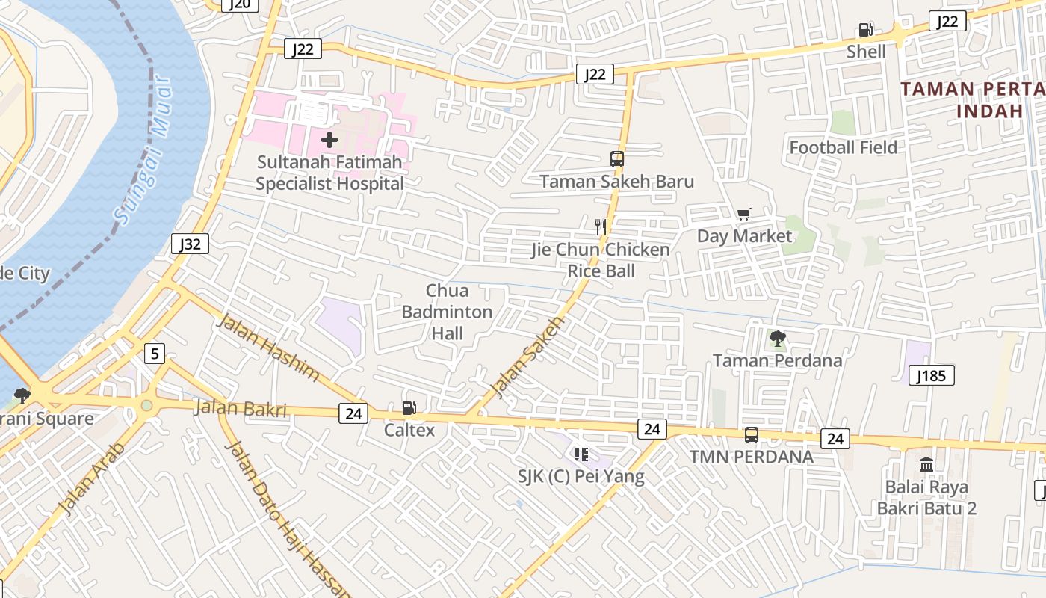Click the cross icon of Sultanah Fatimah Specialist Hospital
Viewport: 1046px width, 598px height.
[329, 139]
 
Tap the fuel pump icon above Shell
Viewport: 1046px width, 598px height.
[866, 30]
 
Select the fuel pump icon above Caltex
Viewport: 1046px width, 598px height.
[409, 408]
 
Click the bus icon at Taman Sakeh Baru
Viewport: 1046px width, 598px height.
[617, 158]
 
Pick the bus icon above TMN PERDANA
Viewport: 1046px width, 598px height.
[751, 434]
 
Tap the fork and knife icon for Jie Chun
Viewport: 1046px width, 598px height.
[600, 226]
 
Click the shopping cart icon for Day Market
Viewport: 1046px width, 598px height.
[743, 215]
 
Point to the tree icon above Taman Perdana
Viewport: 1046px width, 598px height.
[777, 339]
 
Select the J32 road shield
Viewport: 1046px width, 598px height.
[190, 244]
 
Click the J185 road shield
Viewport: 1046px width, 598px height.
[932, 375]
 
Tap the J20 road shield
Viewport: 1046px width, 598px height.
[240, 4]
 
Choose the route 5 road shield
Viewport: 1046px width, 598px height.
[154, 353]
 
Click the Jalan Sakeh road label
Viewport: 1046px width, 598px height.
[527, 357]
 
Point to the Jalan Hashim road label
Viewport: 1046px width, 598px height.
[268, 348]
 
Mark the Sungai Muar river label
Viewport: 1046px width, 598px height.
[143, 149]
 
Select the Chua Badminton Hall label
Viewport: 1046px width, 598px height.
[447, 312]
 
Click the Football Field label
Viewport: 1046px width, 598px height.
[843, 147]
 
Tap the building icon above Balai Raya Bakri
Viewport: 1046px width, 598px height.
[926, 464]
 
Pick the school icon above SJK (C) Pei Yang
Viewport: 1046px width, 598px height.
[581, 454]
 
